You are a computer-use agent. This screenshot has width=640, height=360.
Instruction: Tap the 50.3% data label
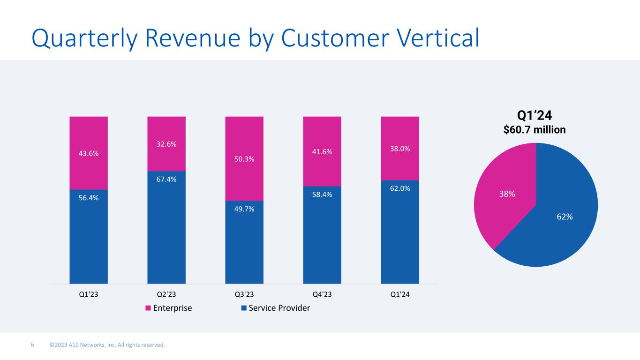coord(244,159)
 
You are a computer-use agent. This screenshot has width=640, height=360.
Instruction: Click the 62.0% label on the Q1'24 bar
coord(400,188)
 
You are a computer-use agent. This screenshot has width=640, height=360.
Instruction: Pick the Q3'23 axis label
coord(244,294)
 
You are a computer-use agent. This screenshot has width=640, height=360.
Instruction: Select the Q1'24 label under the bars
coord(400,294)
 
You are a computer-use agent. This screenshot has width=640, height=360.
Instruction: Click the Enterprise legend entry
coord(169,308)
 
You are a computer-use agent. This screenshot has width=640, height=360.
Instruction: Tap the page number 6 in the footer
coord(32,345)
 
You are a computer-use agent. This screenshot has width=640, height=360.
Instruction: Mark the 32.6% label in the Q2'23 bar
coord(166,144)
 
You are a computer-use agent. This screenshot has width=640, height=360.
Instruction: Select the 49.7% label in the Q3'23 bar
coord(244,209)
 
